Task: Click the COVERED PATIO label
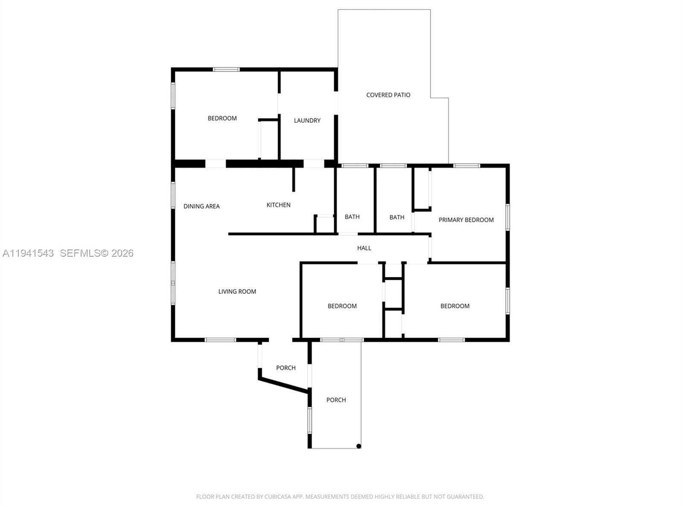point(388,95)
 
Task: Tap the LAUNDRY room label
point(307,120)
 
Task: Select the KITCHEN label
point(278,205)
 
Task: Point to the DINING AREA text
point(201,206)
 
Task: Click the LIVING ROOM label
point(237,292)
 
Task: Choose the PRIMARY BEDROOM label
point(466,220)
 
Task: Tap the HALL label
point(364,248)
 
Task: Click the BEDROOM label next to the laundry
point(222,118)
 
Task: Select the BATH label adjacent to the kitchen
point(352,217)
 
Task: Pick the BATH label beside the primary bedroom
point(397,217)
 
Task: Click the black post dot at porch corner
point(359,446)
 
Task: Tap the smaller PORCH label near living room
point(286,368)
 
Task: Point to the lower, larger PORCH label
point(336,400)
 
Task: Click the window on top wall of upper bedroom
point(226,69)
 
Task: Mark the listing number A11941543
point(28,253)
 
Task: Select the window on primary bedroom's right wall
point(508,217)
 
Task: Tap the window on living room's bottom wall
point(220,340)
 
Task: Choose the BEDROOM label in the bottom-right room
point(455,306)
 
